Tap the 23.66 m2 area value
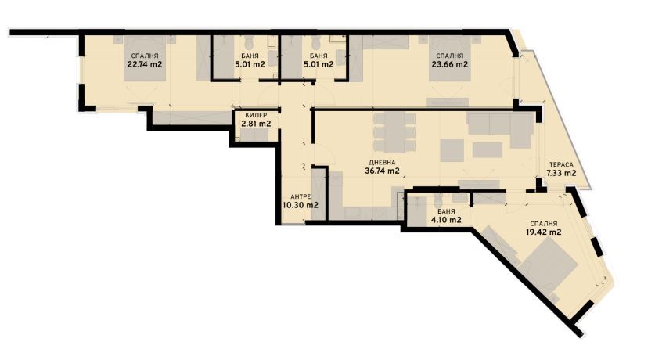(x=449, y=65)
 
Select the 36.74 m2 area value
(x=383, y=171)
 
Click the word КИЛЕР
(x=255, y=115)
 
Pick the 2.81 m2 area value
(x=255, y=124)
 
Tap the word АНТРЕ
(x=301, y=196)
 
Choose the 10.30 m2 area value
(x=301, y=206)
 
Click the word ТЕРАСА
(x=561, y=164)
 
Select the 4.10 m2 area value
(x=444, y=221)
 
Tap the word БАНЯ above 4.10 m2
(x=444, y=211)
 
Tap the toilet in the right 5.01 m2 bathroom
(x=316, y=43)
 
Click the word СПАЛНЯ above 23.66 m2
(x=449, y=56)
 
